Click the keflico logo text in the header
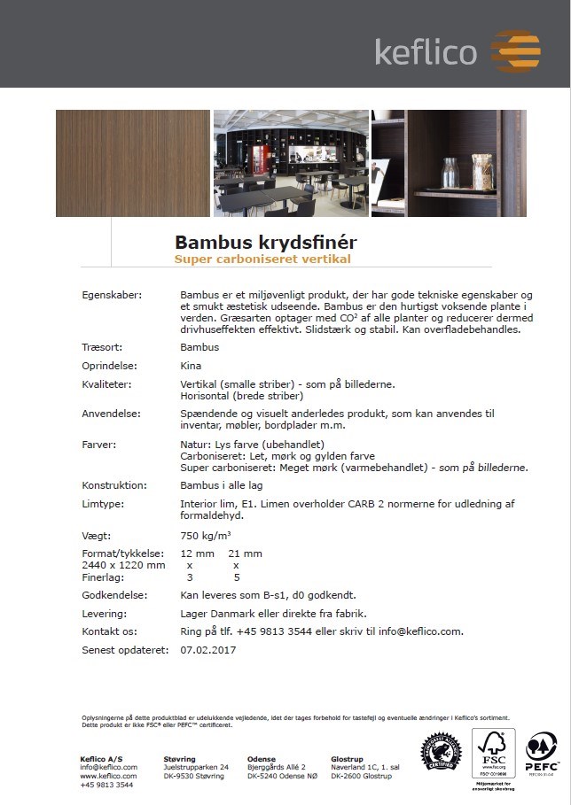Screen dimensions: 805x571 (x=426, y=51)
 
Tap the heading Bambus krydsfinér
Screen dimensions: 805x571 (x=265, y=242)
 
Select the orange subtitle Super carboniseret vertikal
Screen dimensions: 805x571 (x=262, y=259)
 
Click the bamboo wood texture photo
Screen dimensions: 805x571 (x=132, y=163)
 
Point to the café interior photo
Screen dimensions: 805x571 (x=290, y=163)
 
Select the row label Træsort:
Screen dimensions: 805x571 (x=101, y=347)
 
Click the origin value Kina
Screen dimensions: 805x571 (x=191, y=366)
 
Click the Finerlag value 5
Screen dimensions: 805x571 (x=236, y=577)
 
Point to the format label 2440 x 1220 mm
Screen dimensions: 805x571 (x=123, y=565)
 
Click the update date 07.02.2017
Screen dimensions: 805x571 (x=207, y=650)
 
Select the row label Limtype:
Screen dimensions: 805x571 (x=102, y=504)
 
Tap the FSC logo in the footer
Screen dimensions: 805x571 (x=493, y=754)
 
